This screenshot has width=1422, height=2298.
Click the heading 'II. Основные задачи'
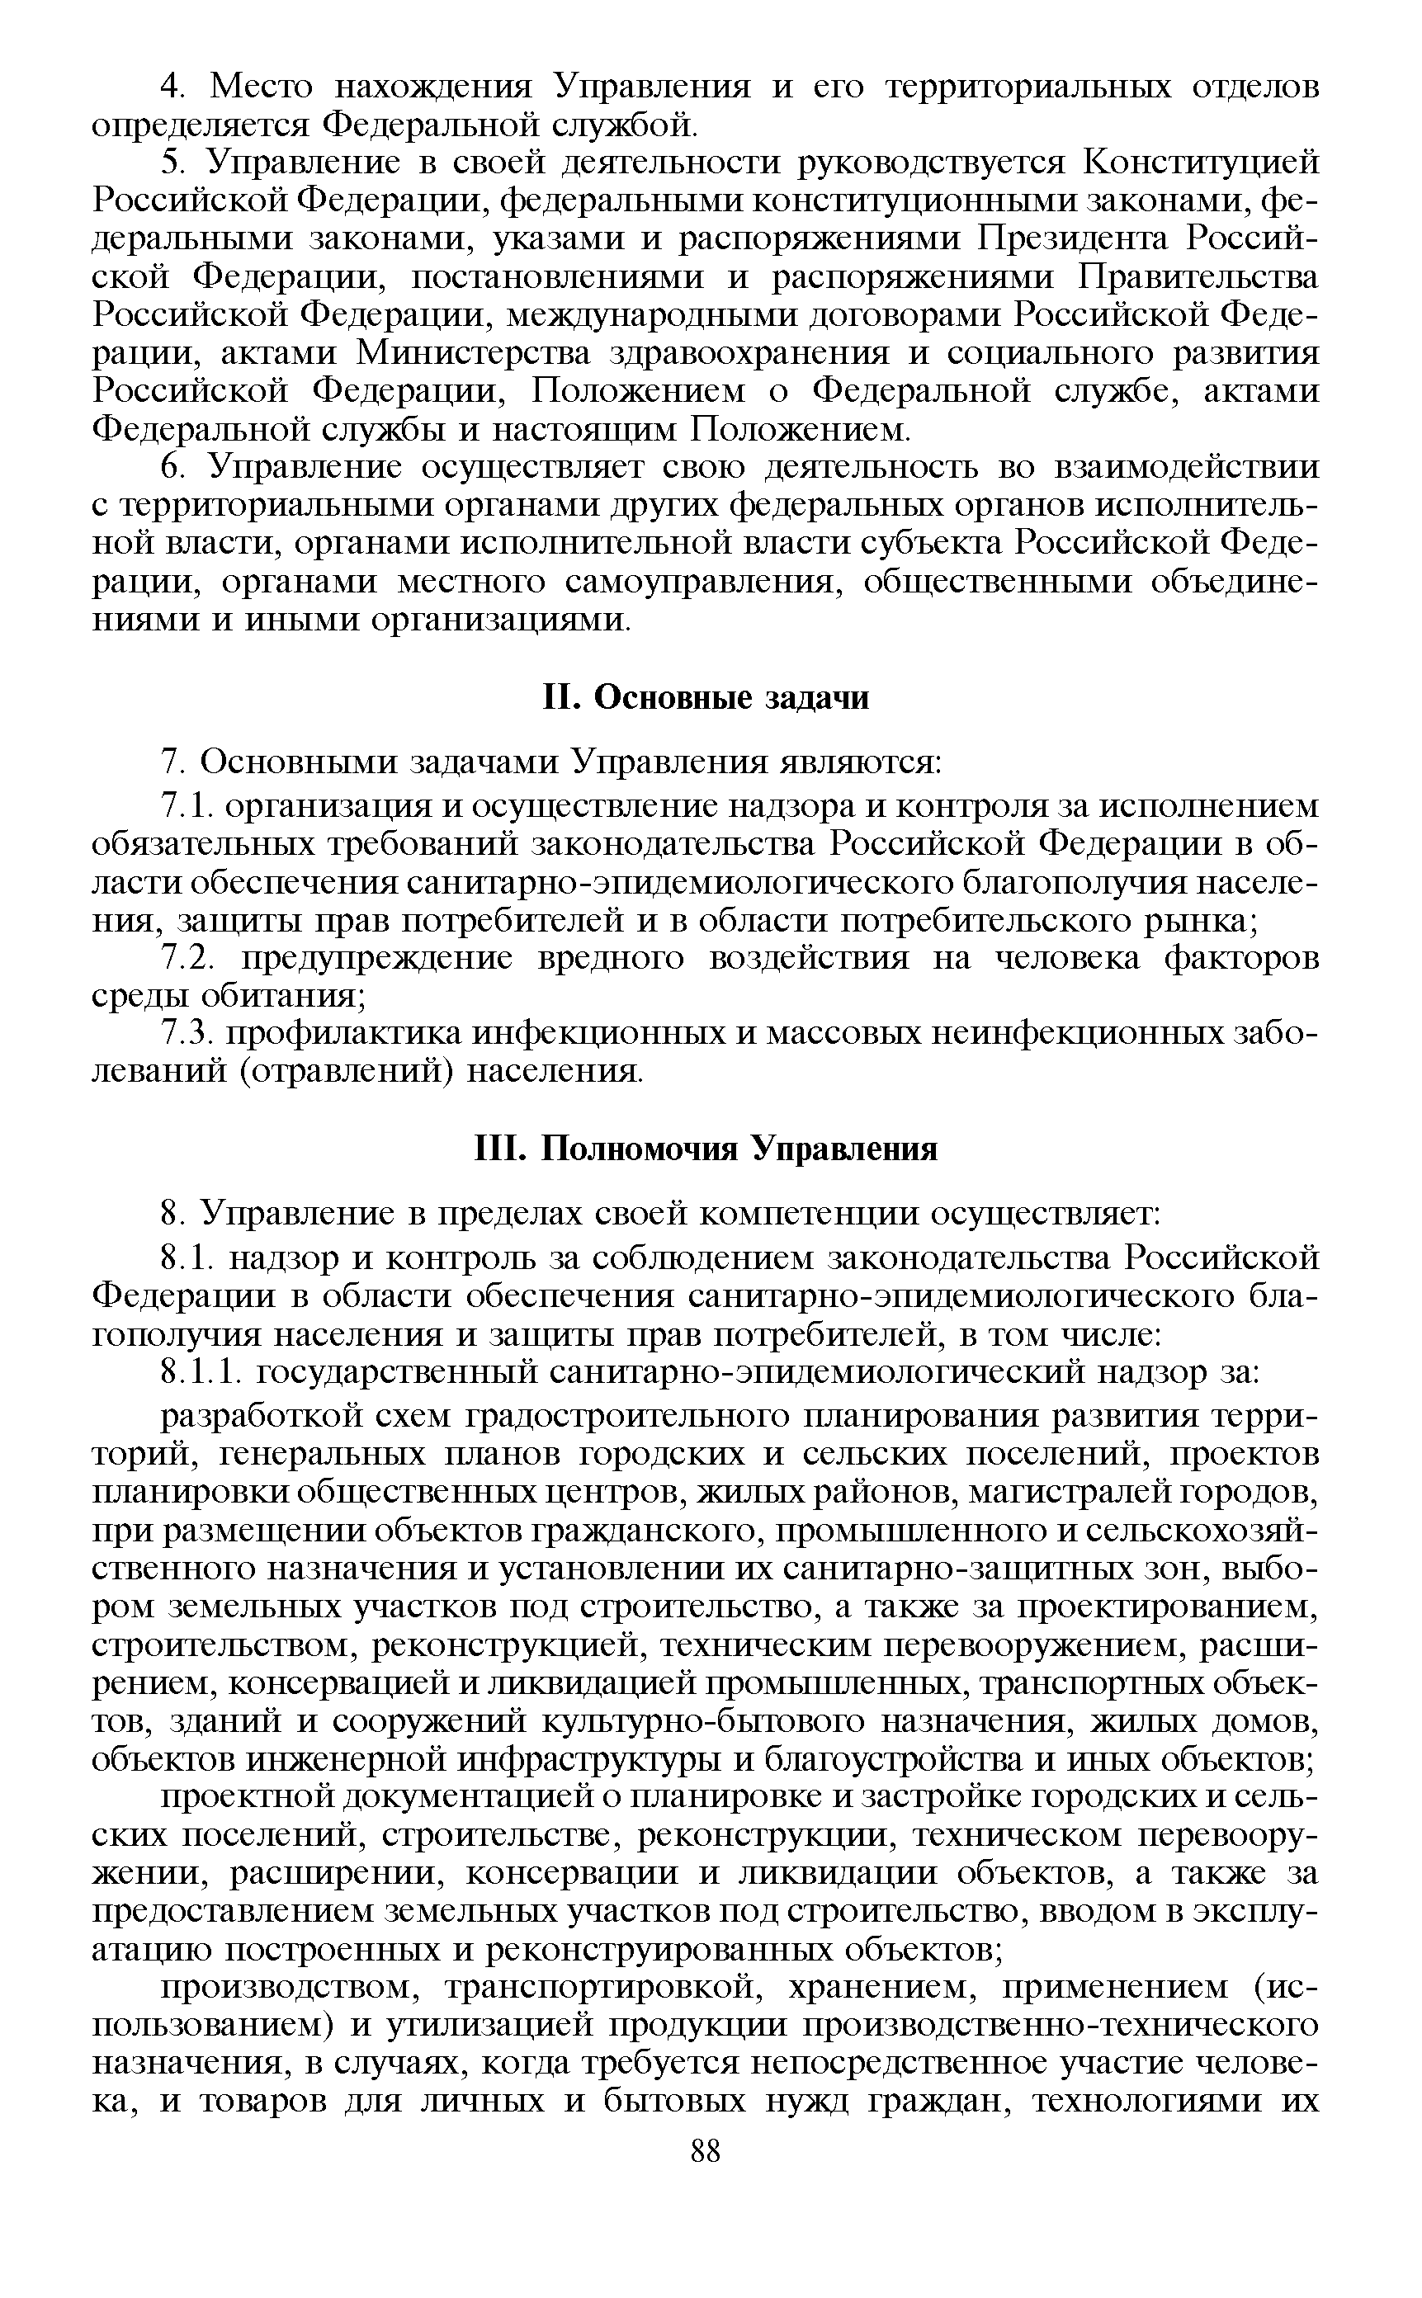pyautogui.click(x=707, y=698)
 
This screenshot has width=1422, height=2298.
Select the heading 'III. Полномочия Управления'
pyautogui.click(x=706, y=1149)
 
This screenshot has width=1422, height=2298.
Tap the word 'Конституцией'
pyautogui.click(x=1201, y=163)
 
